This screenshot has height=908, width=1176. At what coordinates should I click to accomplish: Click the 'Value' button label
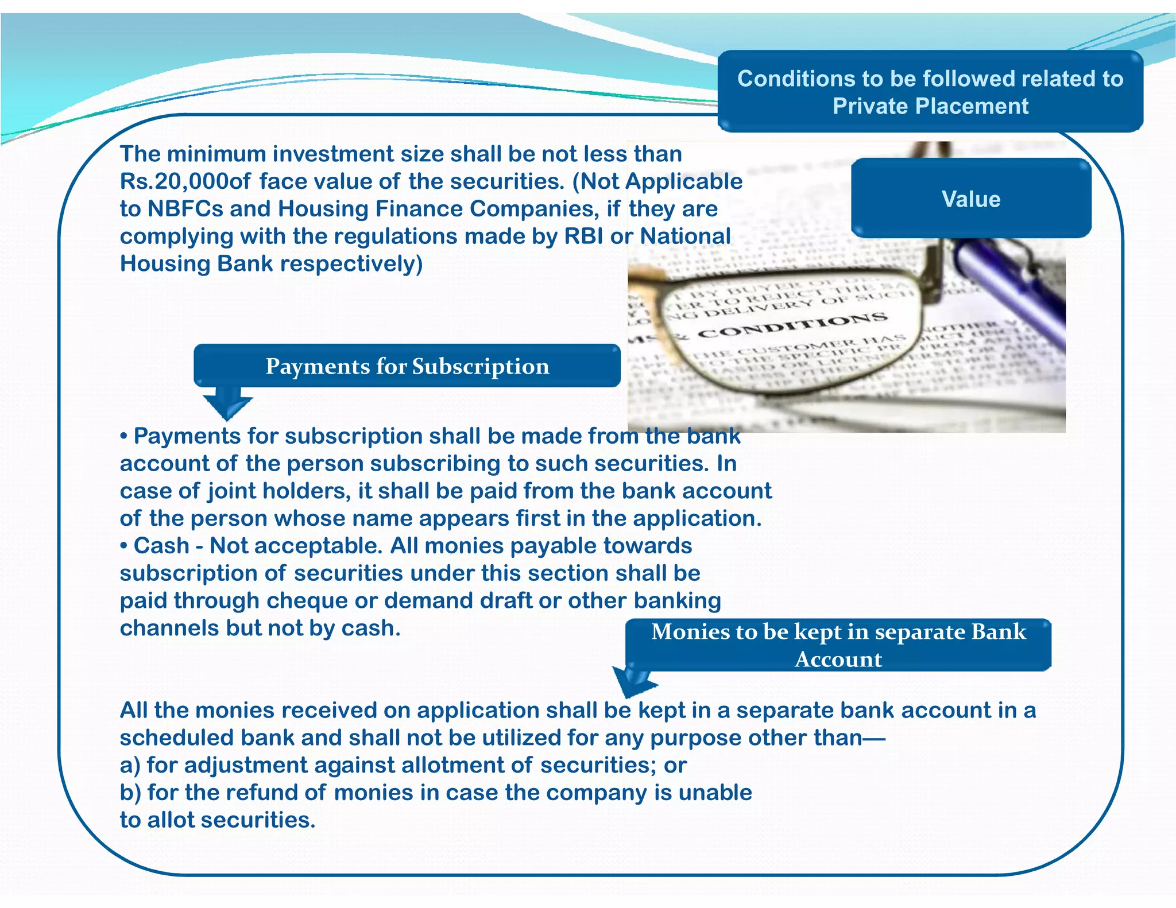click(x=970, y=199)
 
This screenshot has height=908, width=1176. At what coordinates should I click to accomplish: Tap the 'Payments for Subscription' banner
click(x=407, y=366)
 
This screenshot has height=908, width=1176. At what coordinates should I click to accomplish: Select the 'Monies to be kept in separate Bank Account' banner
click(x=838, y=645)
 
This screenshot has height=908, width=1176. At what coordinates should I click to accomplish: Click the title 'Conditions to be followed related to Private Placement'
click(x=930, y=92)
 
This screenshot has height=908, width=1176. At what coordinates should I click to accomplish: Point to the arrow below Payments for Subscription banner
click(x=227, y=402)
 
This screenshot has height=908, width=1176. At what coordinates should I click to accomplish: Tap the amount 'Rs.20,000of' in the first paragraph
click(x=185, y=181)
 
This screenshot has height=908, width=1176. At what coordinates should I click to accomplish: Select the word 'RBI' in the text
click(x=583, y=236)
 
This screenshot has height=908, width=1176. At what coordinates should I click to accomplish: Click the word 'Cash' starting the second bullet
click(x=161, y=546)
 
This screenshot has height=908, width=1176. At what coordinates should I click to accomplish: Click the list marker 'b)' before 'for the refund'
click(x=130, y=793)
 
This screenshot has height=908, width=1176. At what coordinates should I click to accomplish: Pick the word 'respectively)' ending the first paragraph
click(x=351, y=264)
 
